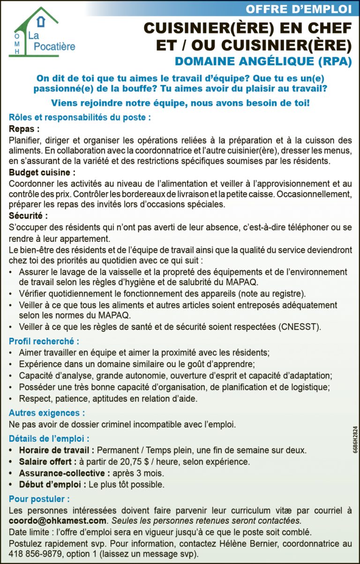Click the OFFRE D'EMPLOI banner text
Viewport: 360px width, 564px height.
click(298, 8)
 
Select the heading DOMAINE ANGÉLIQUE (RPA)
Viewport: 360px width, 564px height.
click(262, 61)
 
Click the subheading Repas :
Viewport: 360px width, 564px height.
click(24, 129)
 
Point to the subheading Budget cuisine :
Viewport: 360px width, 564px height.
click(42, 173)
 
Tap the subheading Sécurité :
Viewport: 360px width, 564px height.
click(28, 216)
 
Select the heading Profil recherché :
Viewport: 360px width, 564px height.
click(44, 341)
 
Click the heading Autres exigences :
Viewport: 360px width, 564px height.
click(47, 413)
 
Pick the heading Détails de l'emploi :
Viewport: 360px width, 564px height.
click(49, 439)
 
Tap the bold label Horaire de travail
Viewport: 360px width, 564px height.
click(56, 450)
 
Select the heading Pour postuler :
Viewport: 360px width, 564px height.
click(39, 499)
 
